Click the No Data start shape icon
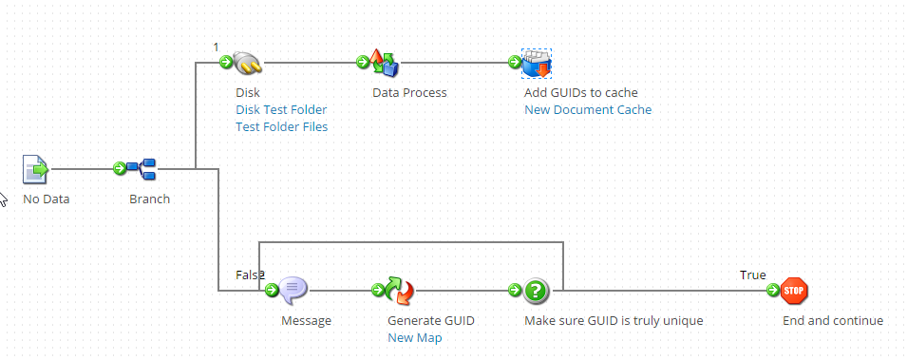point(35,169)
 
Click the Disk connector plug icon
point(248,63)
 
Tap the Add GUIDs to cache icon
point(537,63)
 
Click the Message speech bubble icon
point(293,290)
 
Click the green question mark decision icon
point(537,290)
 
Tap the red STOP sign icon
point(794,290)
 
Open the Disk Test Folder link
point(281,110)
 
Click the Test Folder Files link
point(281,127)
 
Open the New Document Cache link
point(588,110)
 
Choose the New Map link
point(414,338)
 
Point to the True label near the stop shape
point(753,275)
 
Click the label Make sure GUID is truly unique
point(614,321)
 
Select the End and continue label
point(832,321)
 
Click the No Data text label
point(47,199)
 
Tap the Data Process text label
point(409,93)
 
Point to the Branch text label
point(150,199)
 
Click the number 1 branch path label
point(216,47)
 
